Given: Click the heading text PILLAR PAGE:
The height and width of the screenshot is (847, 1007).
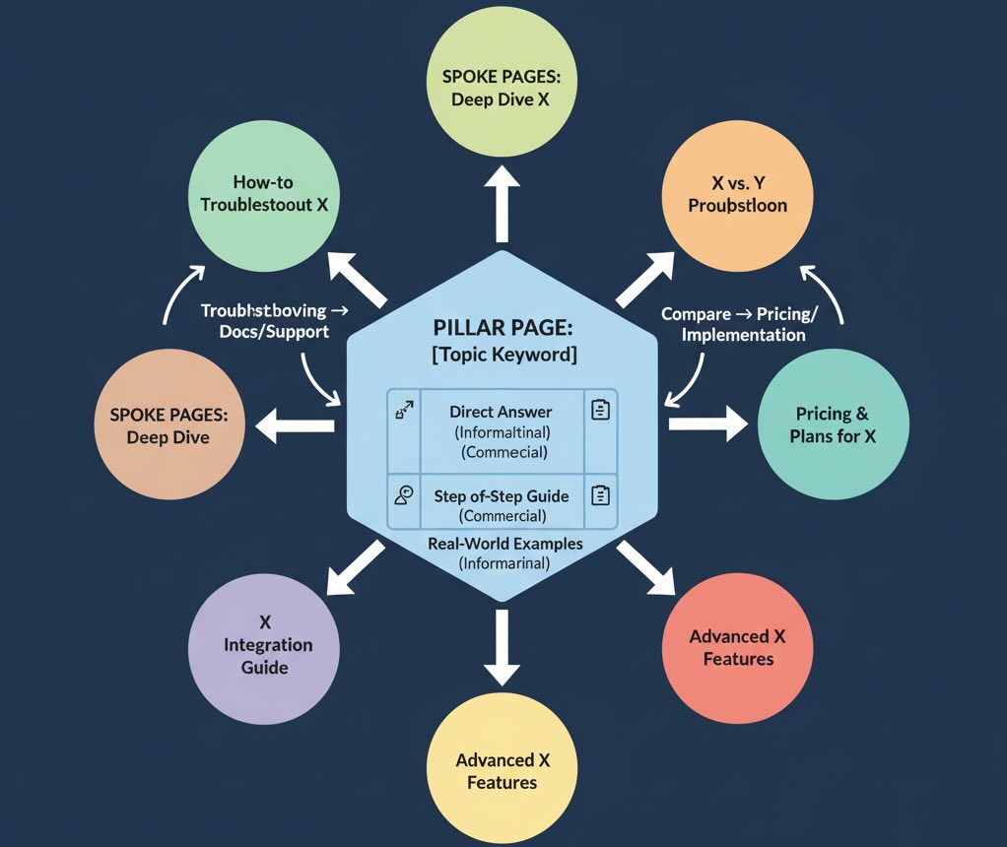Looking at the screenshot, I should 501,326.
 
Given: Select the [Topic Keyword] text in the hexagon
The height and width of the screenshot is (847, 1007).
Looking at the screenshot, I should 503,354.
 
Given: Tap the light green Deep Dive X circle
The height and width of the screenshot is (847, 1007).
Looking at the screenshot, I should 501,87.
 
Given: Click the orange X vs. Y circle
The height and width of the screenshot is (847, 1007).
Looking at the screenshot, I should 737,194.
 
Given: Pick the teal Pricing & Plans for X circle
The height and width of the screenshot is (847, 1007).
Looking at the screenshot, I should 833,424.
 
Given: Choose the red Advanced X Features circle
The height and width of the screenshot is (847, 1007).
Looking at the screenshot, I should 737,647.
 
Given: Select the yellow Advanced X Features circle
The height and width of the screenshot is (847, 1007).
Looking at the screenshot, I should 502,770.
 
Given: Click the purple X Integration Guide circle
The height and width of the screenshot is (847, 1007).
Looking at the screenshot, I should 264,645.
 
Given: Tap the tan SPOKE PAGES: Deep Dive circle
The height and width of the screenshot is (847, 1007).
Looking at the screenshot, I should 168,425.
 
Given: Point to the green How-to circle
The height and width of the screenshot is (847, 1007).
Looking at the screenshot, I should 263,194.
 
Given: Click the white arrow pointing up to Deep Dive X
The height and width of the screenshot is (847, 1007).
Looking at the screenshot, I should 502,204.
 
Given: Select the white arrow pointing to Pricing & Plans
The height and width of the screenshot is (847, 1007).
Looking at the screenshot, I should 707,424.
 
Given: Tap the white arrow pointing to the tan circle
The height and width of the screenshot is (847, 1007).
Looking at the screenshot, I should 296,425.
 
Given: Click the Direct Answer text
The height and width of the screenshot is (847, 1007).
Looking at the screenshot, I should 501,412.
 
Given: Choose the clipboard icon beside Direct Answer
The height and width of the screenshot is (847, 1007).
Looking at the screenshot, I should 599,410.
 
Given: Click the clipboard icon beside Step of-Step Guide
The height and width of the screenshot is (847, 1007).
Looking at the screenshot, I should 599,495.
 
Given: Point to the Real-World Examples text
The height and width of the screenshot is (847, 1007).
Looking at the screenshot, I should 504,544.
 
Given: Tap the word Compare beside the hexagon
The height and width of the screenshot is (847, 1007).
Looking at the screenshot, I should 696,314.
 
